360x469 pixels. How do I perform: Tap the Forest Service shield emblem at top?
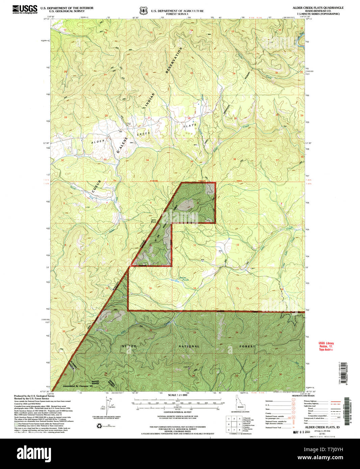coord(144,11)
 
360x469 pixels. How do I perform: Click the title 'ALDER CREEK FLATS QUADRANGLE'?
coord(318,7)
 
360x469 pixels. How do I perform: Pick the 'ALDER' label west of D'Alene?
coord(98,142)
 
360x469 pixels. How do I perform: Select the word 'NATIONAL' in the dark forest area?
coord(189,347)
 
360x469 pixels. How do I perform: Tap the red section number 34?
coord(147,160)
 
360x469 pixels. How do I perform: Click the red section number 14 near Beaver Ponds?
coord(195,288)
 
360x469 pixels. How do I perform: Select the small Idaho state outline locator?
coord(240,403)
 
